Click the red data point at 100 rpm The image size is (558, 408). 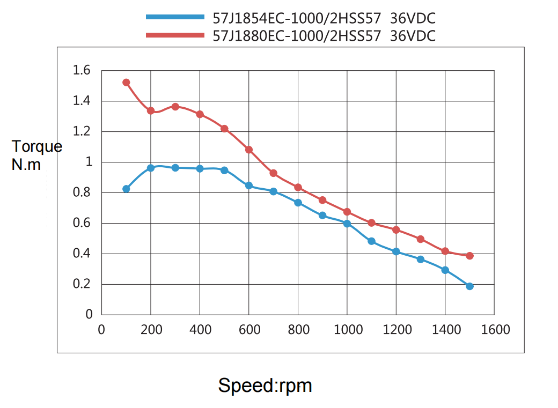(x=126, y=83)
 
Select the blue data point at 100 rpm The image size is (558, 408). (x=126, y=189)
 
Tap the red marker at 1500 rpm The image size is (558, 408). (x=469, y=256)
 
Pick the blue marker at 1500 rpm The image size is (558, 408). (x=469, y=286)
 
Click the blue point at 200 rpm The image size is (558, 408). (x=151, y=168)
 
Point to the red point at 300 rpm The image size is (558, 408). (x=175, y=107)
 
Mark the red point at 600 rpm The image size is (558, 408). (x=249, y=150)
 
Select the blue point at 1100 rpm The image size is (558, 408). (x=371, y=241)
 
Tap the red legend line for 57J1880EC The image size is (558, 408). (x=175, y=35)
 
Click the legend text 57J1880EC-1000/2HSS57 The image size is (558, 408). (x=297, y=36)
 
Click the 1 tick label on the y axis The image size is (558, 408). (x=89, y=162)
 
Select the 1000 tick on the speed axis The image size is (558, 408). (x=347, y=330)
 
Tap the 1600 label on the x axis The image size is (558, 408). (x=494, y=330)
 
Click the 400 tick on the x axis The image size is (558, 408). (x=200, y=330)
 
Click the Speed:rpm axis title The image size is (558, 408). (x=265, y=385)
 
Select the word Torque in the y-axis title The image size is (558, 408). (x=37, y=147)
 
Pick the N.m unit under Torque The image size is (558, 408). (x=26, y=165)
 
